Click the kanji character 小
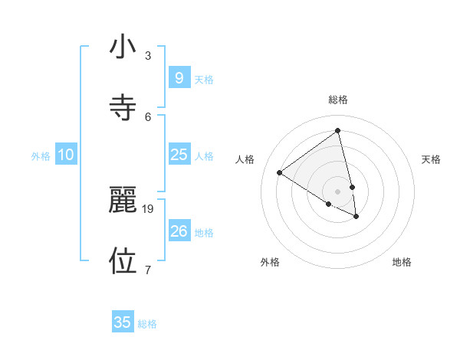tap(123, 47)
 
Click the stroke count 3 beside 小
tap(148, 56)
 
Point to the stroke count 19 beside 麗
tap(149, 208)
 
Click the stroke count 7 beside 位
tap(148, 269)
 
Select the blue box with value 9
tap(179, 78)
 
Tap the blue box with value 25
tap(179, 155)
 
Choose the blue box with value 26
tap(179, 231)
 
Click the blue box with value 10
tap(66, 155)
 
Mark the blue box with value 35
tap(123, 322)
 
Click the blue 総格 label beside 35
tap(148, 324)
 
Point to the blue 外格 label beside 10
tap(41, 156)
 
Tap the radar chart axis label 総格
tap(338, 100)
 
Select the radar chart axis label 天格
tap(432, 159)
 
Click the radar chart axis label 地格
tap(402, 262)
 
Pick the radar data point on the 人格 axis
tap(279, 172)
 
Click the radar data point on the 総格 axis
tap(338, 130)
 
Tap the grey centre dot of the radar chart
tap(338, 191)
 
